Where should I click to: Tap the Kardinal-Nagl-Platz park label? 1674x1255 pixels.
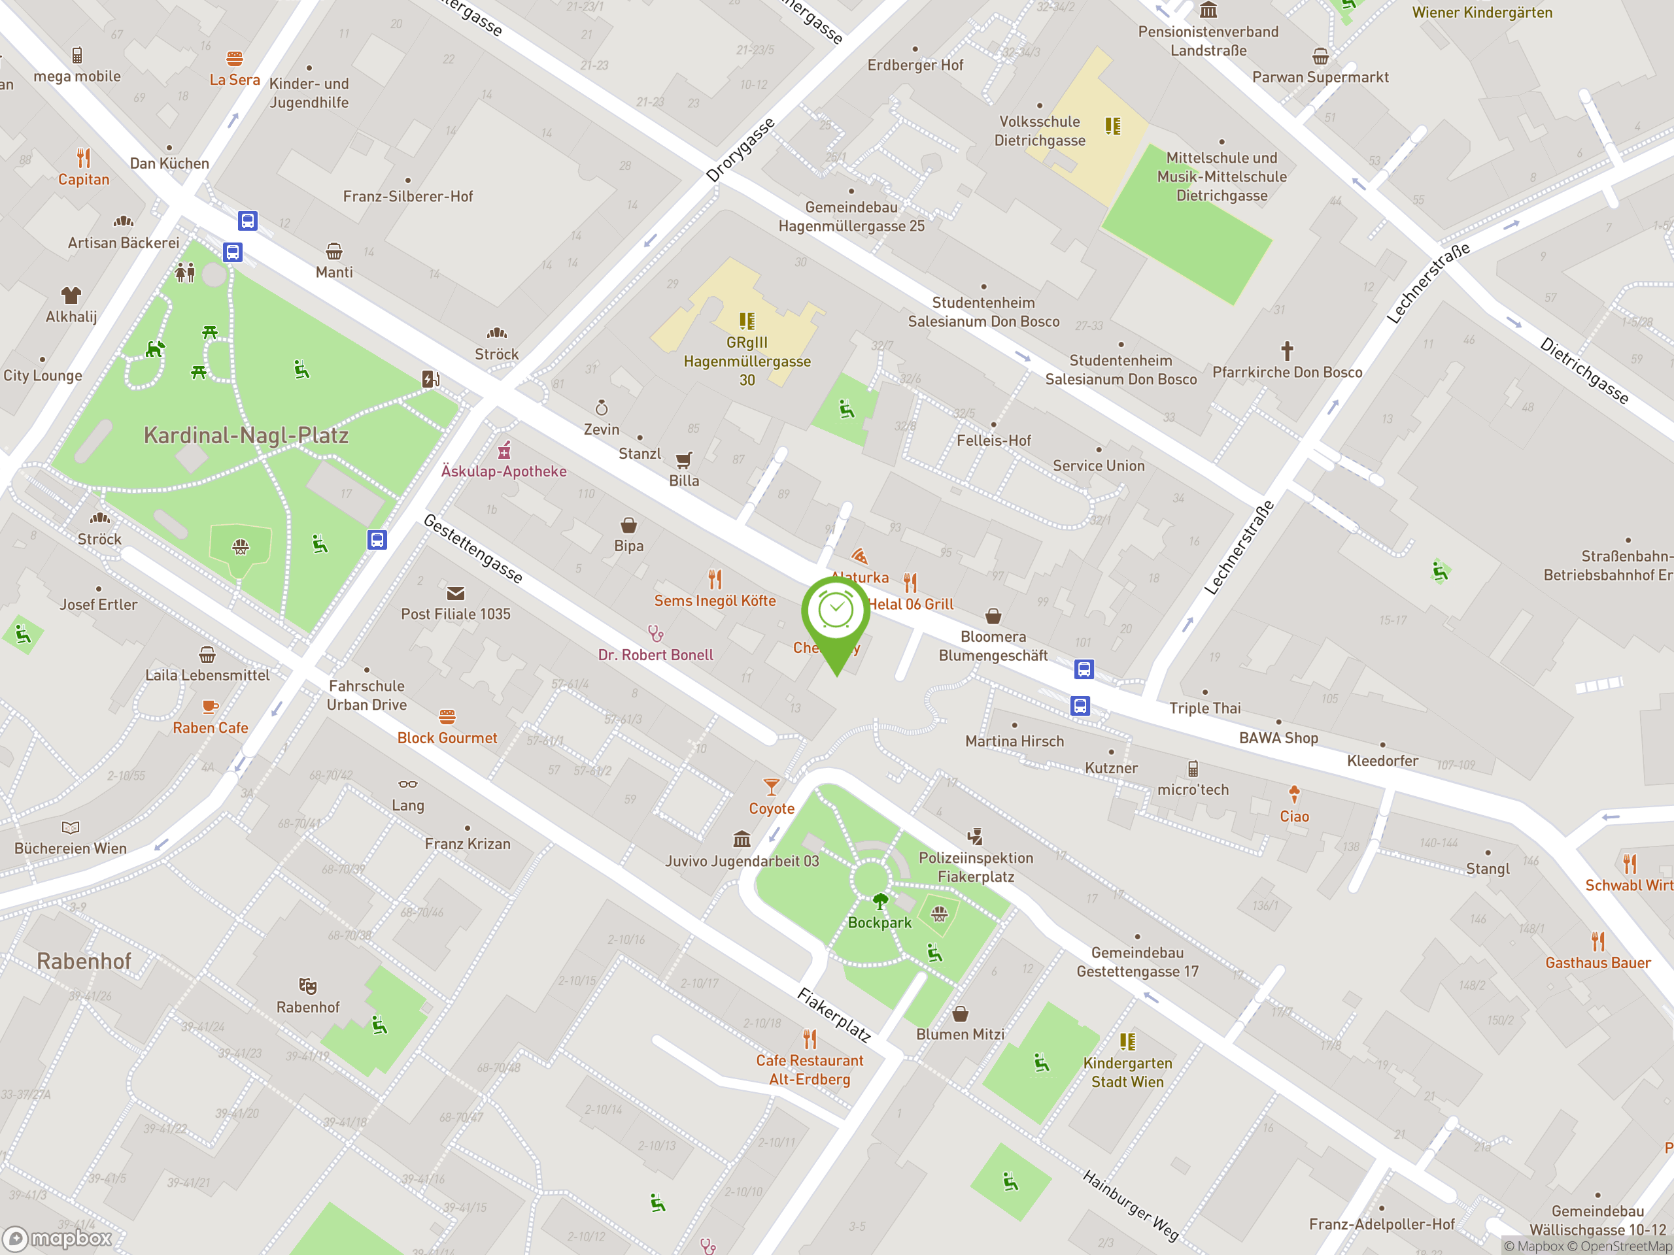click(x=246, y=436)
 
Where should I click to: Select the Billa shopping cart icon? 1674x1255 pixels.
click(x=683, y=460)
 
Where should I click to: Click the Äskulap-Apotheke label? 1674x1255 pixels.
click(x=504, y=471)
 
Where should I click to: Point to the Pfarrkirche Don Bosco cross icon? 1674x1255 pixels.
click(x=1286, y=351)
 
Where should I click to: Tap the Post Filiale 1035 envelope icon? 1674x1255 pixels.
click(x=456, y=593)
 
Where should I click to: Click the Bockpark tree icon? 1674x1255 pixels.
click(x=880, y=901)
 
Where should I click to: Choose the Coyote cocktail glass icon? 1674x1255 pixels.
click(x=771, y=787)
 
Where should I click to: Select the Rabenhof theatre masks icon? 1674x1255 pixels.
click(x=307, y=986)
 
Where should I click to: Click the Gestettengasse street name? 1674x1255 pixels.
click(x=473, y=548)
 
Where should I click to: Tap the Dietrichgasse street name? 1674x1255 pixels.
click(x=1583, y=371)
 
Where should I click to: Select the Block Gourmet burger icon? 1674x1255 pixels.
click(x=447, y=716)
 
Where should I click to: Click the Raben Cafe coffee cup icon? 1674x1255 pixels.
click(x=210, y=707)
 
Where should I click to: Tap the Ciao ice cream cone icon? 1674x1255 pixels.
click(x=1294, y=794)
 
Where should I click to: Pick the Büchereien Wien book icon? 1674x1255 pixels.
click(x=71, y=828)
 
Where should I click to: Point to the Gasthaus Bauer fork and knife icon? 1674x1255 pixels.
click(x=1597, y=942)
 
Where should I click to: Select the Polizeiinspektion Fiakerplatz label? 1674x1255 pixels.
click(x=976, y=867)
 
